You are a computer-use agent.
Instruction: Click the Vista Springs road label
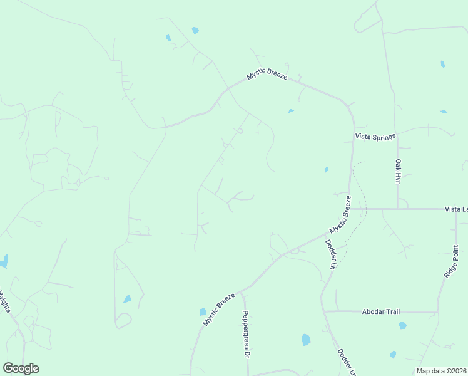pos(372,136)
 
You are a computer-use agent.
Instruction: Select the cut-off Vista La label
pos(456,209)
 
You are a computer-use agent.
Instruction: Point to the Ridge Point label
pos(450,262)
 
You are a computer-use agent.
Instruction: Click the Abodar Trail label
pos(381,311)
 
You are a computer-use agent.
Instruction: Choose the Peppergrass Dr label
pos(247,334)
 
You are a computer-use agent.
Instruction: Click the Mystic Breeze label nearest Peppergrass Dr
pos(218,309)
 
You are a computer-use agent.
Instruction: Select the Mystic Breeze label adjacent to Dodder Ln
pos(340,214)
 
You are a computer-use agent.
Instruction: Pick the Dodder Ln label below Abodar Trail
pos(347,363)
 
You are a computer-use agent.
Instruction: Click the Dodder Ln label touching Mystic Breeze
pos(330,254)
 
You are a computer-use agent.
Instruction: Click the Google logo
pos(21,368)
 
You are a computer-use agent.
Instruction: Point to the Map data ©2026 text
pos(440,371)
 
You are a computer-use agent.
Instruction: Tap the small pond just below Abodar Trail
pos(402,326)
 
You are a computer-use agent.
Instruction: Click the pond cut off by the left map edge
pos(4,261)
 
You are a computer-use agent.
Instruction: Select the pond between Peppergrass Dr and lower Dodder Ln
pos(306,340)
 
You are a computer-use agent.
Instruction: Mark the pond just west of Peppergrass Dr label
pos(203,311)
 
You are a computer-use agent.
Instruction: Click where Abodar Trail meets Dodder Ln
pos(325,311)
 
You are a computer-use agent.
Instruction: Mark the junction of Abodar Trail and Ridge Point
pos(438,311)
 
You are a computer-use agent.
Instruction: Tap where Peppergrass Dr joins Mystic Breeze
pos(242,291)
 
